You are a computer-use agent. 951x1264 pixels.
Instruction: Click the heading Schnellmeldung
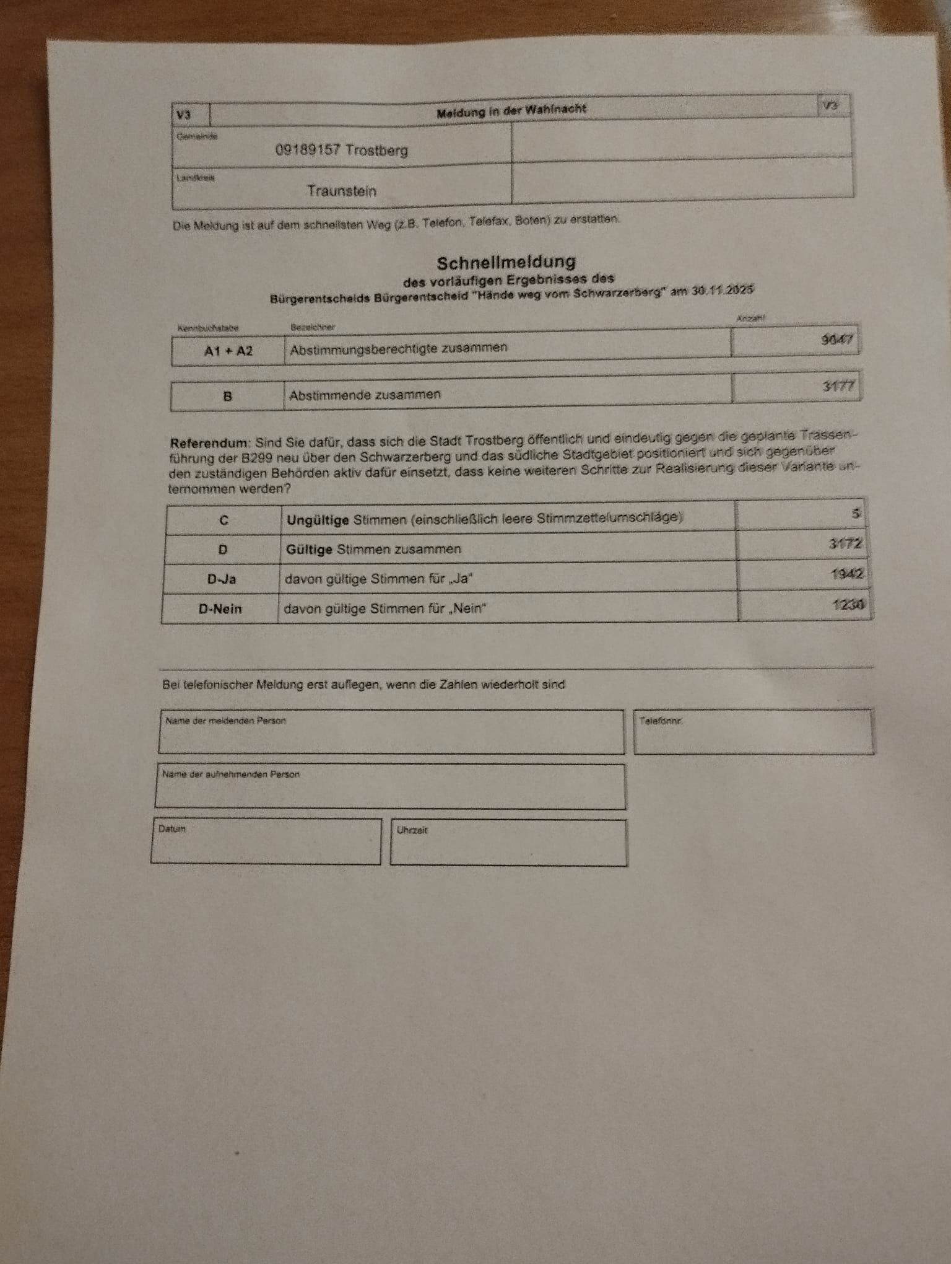click(x=506, y=263)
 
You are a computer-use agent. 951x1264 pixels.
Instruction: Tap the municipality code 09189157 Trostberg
click(x=341, y=150)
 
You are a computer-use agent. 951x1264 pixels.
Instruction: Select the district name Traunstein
click(x=342, y=190)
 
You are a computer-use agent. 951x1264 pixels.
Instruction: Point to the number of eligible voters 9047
click(x=837, y=340)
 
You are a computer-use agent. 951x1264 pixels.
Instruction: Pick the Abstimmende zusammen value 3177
click(x=838, y=386)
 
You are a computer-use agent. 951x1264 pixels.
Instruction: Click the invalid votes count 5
click(x=856, y=514)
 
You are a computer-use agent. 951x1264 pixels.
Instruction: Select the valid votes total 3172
click(x=845, y=544)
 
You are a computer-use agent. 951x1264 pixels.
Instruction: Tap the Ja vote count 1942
click(x=846, y=574)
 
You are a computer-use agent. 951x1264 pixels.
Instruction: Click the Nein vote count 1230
click(x=848, y=603)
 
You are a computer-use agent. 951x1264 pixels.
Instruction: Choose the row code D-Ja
click(x=221, y=579)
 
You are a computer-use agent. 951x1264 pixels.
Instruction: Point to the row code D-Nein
click(x=220, y=609)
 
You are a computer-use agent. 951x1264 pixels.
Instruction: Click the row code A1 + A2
click(x=228, y=351)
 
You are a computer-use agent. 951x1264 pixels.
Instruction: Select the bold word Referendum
click(x=209, y=443)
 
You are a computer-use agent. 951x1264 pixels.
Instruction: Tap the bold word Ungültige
click(x=318, y=520)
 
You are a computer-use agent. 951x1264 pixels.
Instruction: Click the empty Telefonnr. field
click(x=753, y=735)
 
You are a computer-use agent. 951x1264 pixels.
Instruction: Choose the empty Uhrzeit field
click(x=508, y=846)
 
